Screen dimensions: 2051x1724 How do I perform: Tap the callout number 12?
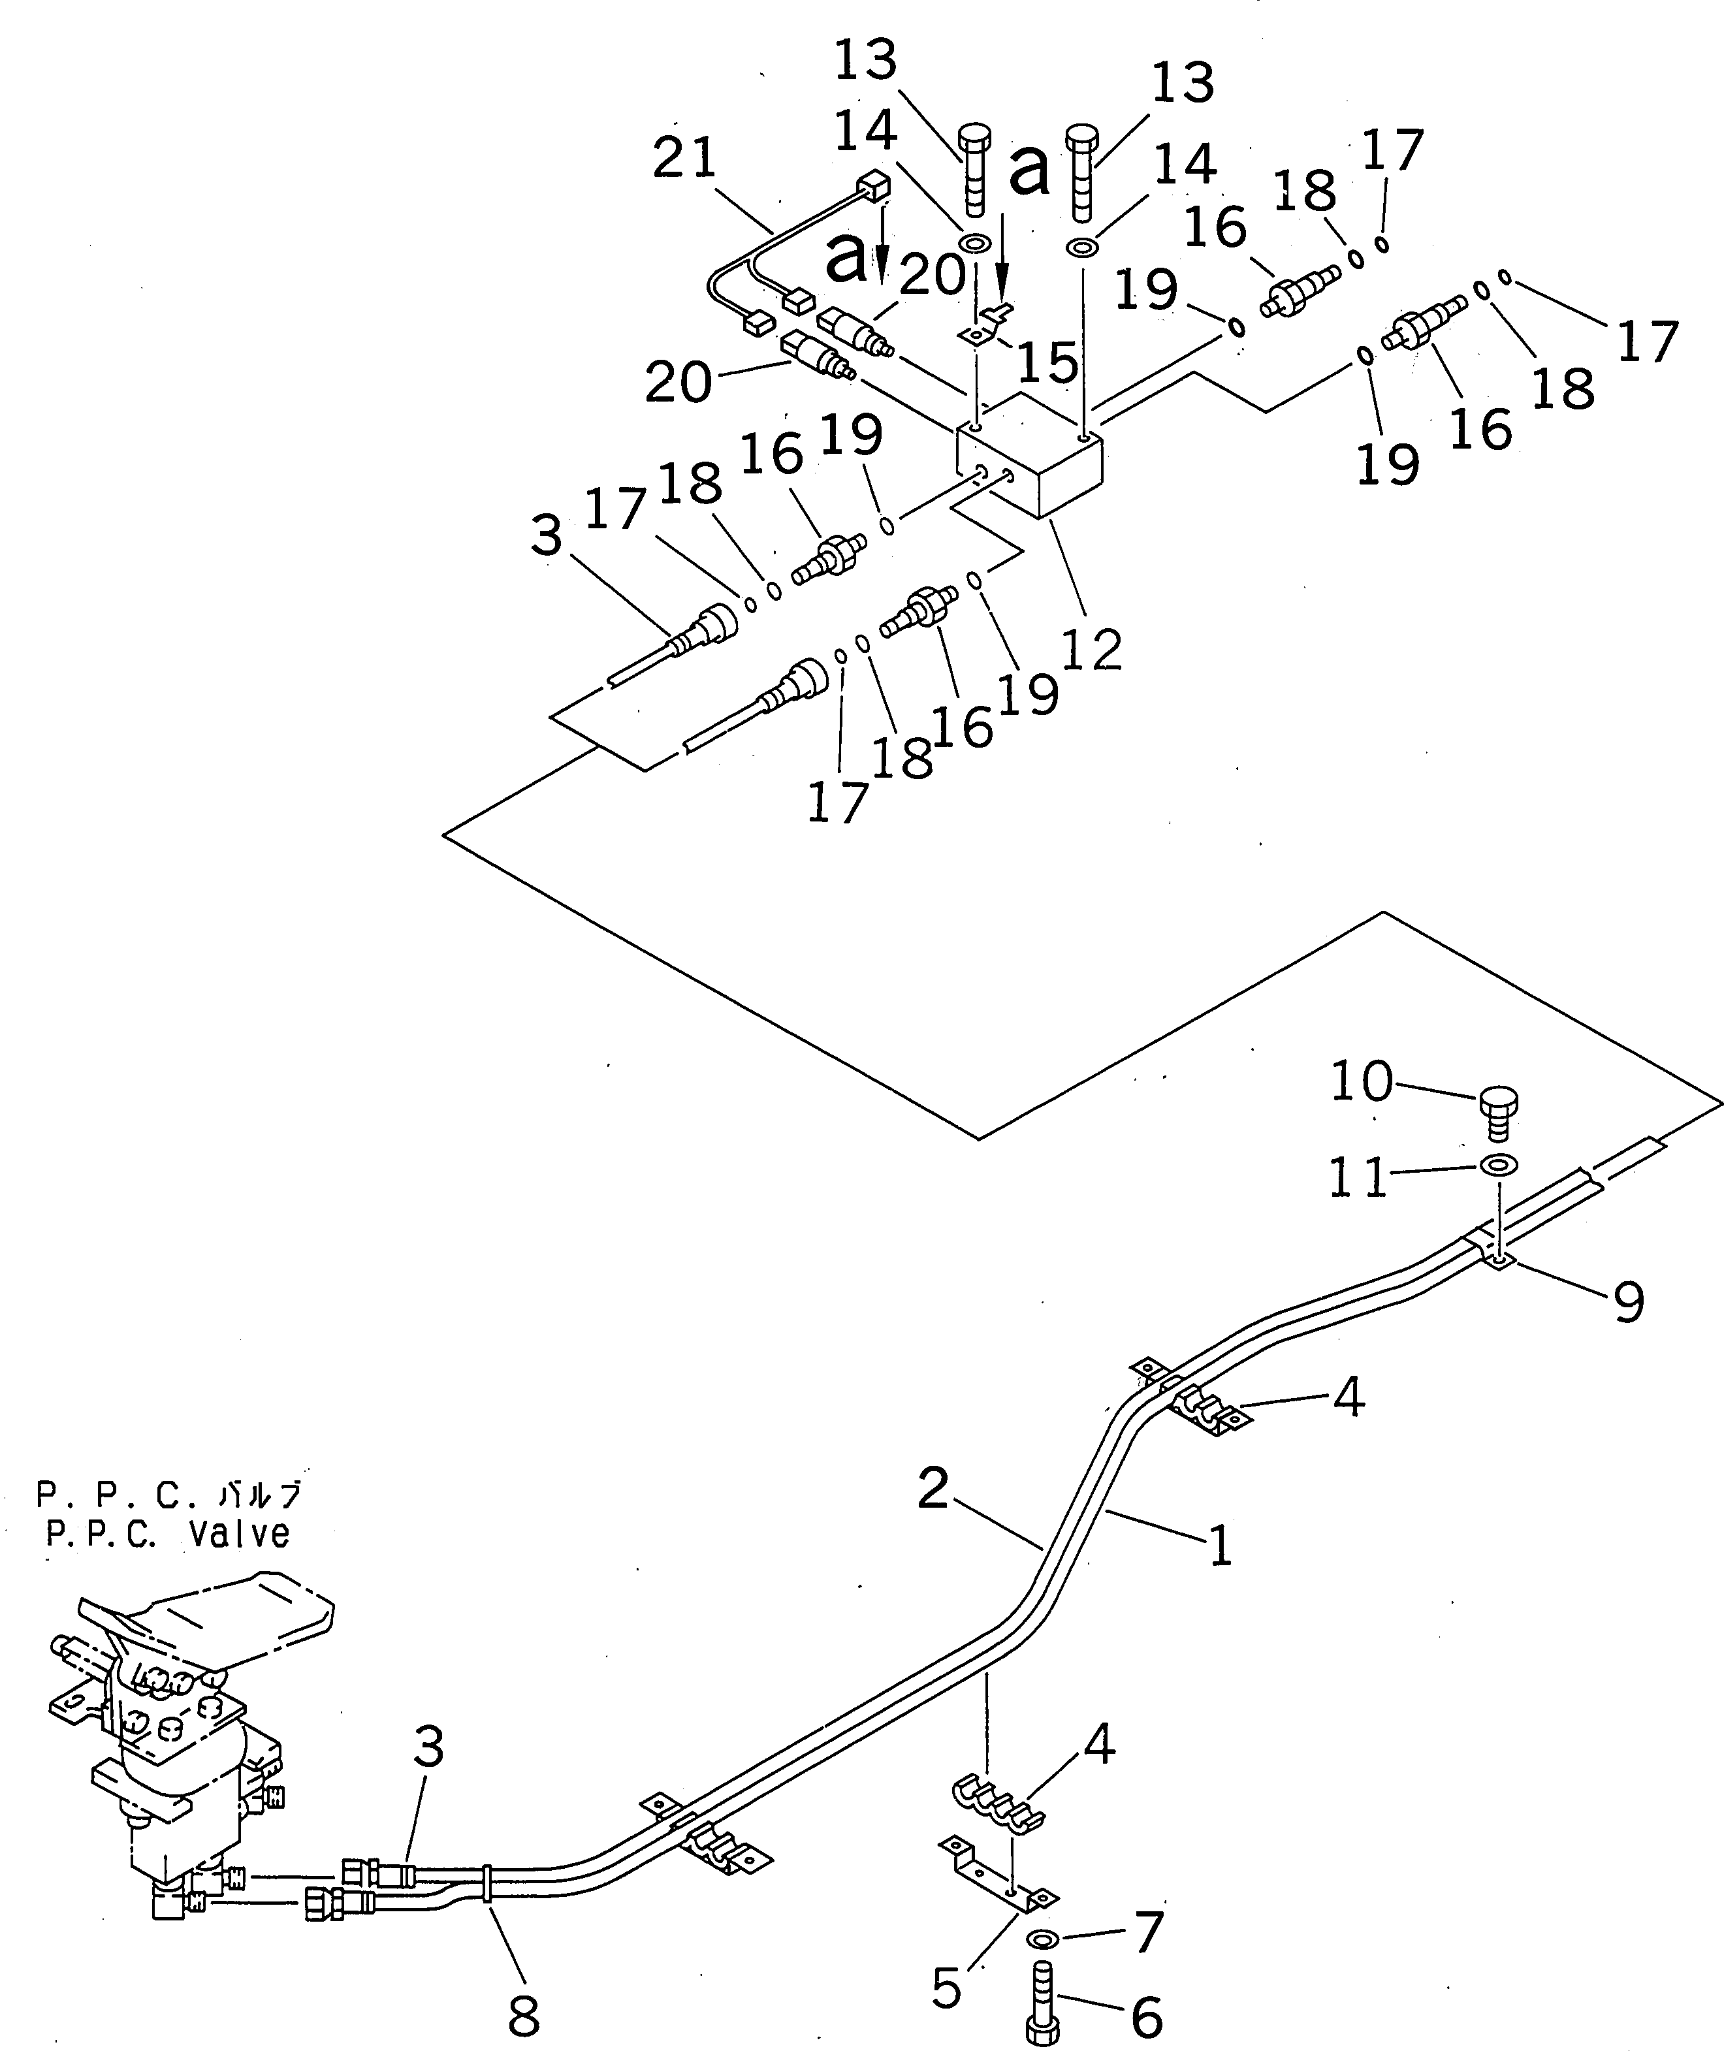(x=1092, y=649)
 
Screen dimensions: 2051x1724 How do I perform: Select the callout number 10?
(x=1362, y=1082)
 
